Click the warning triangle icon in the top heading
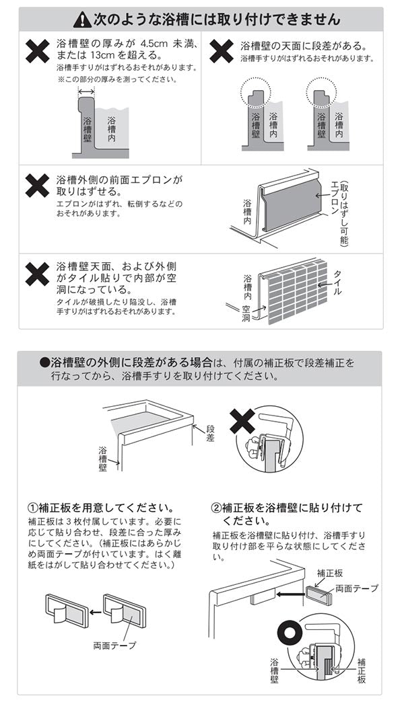click(x=81, y=19)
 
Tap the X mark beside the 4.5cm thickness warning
click(x=37, y=51)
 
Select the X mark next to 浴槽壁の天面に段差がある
click(x=222, y=51)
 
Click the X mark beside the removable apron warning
click(x=37, y=185)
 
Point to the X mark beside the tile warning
click(x=37, y=274)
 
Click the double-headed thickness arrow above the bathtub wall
click(x=86, y=90)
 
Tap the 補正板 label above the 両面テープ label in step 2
click(x=330, y=574)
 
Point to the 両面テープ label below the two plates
click(x=114, y=646)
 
